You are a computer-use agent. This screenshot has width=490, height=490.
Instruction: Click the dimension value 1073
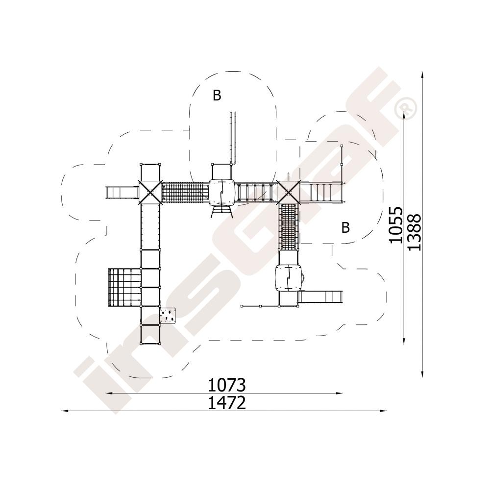pos(227,385)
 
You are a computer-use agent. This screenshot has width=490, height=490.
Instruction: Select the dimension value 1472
pos(227,403)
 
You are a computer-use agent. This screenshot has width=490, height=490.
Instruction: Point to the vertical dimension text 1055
pos(395,225)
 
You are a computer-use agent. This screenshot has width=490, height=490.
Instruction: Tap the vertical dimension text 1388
pos(415,232)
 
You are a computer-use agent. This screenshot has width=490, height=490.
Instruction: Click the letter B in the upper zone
pos(217,95)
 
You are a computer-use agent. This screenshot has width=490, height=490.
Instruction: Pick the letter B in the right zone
pos(345,227)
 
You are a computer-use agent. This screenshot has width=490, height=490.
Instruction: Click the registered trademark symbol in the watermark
pos(405,107)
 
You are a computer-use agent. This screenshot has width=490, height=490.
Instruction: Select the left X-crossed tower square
pos(150,193)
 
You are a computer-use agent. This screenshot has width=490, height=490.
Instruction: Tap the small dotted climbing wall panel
pos(168,315)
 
